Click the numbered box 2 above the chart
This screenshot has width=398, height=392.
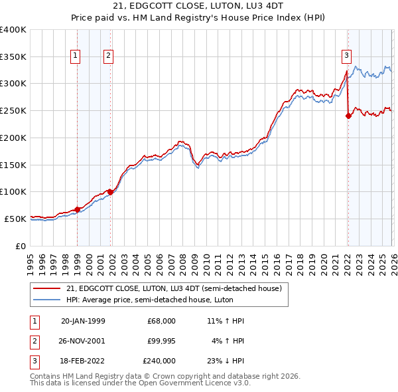click(108, 56)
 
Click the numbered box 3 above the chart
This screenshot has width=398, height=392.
click(346, 56)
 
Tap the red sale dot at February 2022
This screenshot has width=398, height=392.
click(348, 116)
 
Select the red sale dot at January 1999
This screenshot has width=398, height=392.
click(77, 209)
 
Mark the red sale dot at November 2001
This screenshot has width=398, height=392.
click(111, 192)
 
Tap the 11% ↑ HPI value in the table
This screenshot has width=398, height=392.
click(226, 320)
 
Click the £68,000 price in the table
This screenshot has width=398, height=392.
click(162, 320)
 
